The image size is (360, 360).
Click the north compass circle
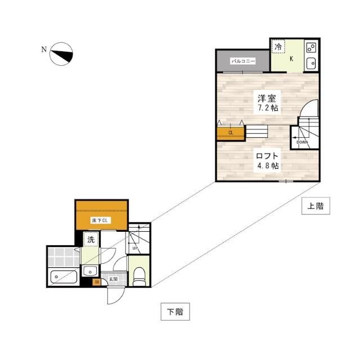(x=61, y=43)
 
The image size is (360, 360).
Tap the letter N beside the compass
(x=44, y=49)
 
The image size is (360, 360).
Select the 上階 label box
(x=316, y=206)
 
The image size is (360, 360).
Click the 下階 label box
(x=175, y=312)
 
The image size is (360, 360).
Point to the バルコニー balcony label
(x=243, y=61)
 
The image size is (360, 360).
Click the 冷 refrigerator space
(x=278, y=47)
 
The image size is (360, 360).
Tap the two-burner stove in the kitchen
(x=311, y=48)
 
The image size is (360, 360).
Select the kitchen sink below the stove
(x=311, y=62)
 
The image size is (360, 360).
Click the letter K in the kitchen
(x=291, y=59)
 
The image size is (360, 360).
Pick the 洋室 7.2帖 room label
(x=267, y=103)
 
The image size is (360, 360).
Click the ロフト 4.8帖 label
(x=267, y=161)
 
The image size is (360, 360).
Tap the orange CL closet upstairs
(x=231, y=133)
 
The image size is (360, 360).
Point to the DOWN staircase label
(x=302, y=142)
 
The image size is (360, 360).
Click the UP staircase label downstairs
(x=135, y=248)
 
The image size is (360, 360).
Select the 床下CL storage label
(x=100, y=220)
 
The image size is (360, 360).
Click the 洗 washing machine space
(x=91, y=240)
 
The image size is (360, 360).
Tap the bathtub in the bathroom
(x=64, y=277)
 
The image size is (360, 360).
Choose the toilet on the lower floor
(x=139, y=277)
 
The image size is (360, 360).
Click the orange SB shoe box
(x=97, y=282)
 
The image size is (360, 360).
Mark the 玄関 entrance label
(x=114, y=279)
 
